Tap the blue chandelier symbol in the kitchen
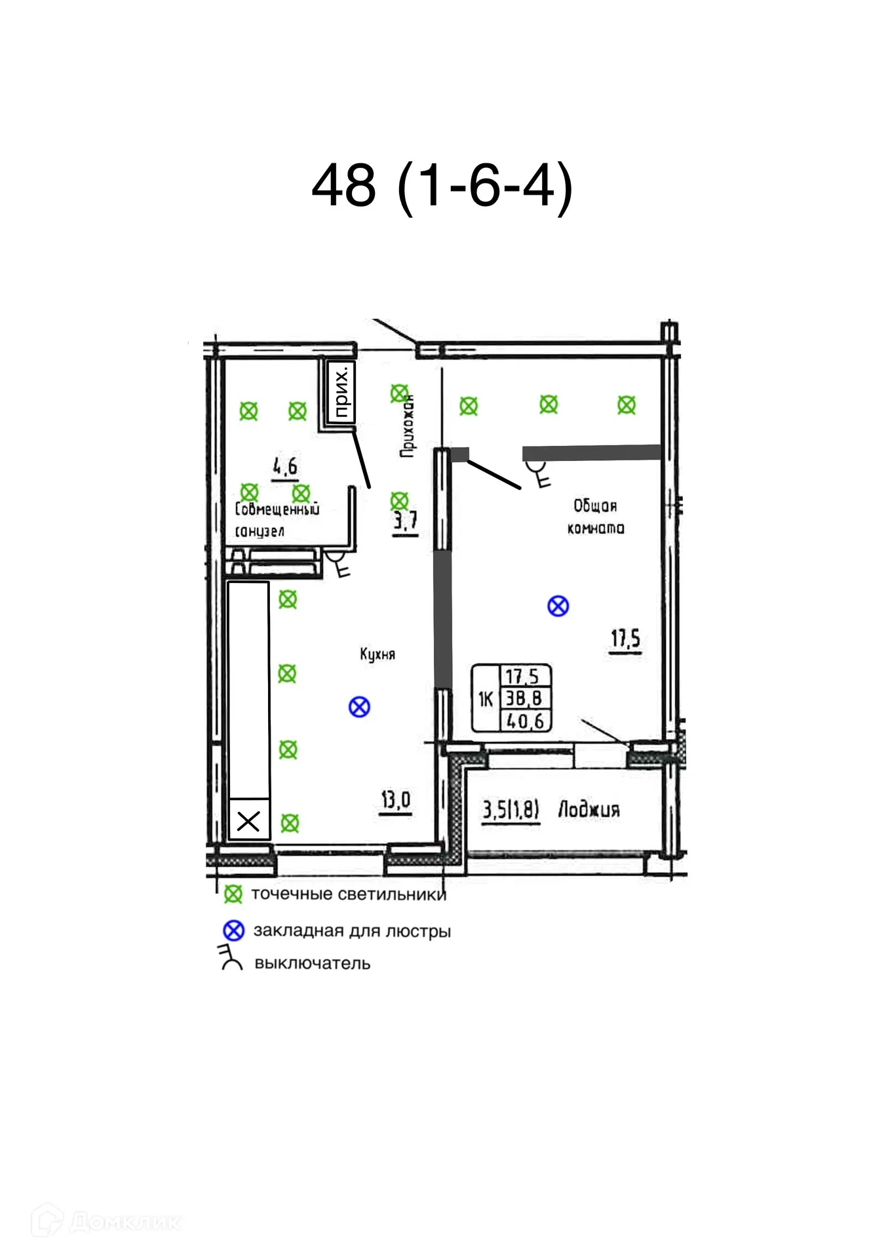[x=359, y=707]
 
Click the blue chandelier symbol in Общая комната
[x=558, y=606]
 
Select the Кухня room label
[x=377, y=654]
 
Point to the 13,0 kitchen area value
[x=396, y=800]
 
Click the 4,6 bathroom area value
[x=285, y=466]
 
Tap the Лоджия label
[x=588, y=809]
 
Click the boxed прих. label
[x=341, y=393]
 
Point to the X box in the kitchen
[x=248, y=820]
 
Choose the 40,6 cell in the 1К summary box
[x=526, y=721]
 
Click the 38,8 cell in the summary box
[x=524, y=698]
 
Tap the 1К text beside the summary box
[x=485, y=700]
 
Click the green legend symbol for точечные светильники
[x=233, y=894]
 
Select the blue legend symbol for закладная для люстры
[x=233, y=930]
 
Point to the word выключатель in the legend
[x=312, y=963]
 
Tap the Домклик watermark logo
[x=48, y=1220]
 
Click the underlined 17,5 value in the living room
[x=625, y=639]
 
